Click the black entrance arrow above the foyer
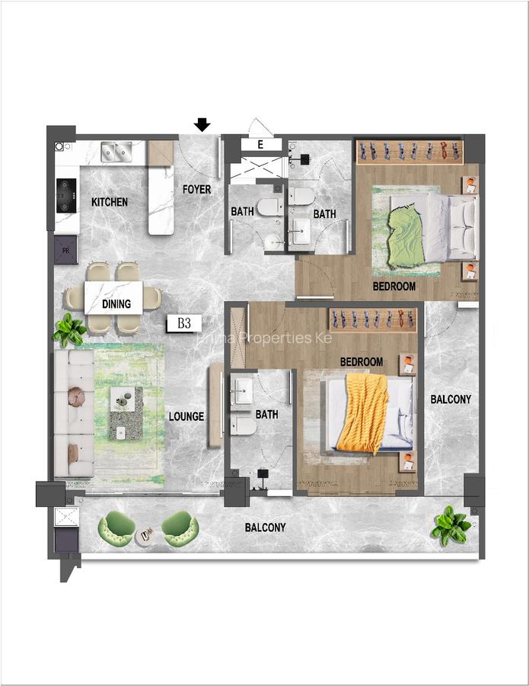click(202, 124)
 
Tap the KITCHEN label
click(110, 202)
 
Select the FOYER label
click(196, 189)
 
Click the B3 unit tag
click(184, 323)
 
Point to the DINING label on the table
click(116, 303)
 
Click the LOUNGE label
click(186, 416)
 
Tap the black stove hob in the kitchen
click(66, 195)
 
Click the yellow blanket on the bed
click(362, 412)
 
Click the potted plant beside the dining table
click(70, 331)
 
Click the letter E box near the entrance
click(260, 143)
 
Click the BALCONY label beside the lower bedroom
click(451, 399)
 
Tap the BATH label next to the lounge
click(267, 415)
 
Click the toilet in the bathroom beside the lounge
click(244, 424)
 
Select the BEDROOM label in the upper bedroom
click(394, 287)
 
